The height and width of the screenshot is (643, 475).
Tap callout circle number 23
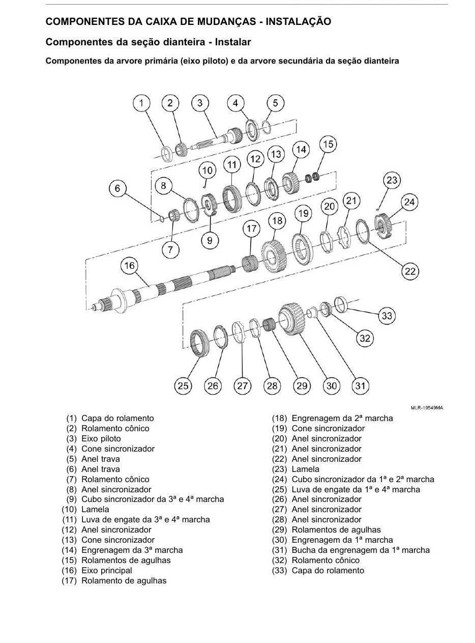coord(392,180)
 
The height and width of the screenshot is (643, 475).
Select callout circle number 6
coord(117,188)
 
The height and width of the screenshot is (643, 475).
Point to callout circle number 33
coord(387,316)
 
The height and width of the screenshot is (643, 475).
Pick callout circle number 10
coord(207,170)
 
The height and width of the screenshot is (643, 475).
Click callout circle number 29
coord(302,385)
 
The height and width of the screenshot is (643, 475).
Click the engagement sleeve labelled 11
coord(231,199)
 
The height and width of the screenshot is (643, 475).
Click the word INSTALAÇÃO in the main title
coord(299,21)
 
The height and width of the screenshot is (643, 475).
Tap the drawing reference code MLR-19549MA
coord(427,408)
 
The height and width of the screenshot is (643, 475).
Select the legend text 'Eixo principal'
coord(107,570)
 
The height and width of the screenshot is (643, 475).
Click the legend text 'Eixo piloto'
coord(101,438)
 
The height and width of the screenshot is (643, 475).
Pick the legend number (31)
coord(279,550)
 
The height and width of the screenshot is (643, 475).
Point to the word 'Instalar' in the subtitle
coord(232,42)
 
